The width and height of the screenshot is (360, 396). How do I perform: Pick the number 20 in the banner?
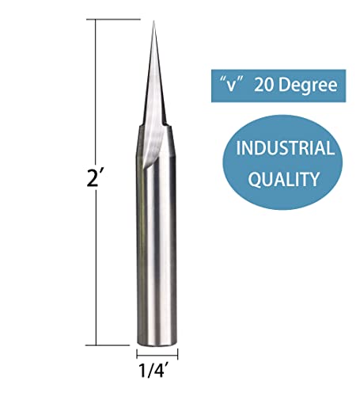coord(266,83)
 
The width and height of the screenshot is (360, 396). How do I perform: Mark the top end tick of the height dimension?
coord(98,21)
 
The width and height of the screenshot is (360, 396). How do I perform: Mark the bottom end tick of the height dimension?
coord(98,345)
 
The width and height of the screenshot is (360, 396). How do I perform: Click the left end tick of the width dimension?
coord(137,354)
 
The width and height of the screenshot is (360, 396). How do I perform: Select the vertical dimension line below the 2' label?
coord(97,269)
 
